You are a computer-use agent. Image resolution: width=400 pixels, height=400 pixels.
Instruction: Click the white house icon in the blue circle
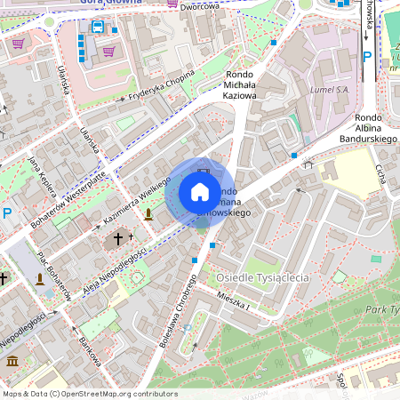[x=200, y=192]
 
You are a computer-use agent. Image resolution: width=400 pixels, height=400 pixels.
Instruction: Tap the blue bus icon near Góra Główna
[x=96, y=27]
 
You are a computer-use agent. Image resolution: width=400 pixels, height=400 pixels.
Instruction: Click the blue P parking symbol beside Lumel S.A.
[x=367, y=57]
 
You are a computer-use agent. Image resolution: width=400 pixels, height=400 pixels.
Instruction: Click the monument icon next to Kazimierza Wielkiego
[x=148, y=213]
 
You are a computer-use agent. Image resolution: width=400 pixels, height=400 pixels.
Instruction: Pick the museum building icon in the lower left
[x=12, y=360]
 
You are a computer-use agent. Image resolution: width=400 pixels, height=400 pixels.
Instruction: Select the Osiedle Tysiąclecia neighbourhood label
[x=262, y=278]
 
